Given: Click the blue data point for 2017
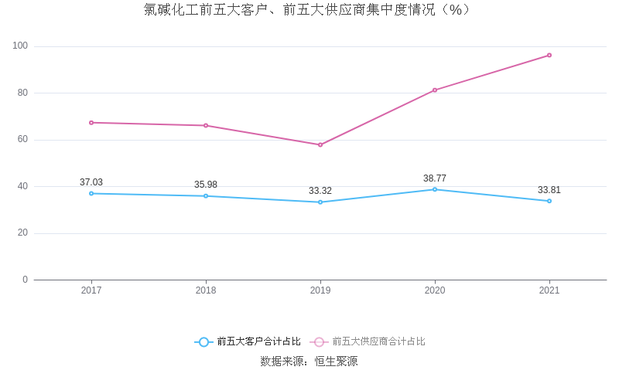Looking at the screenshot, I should (91, 193).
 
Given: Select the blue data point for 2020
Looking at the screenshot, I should (435, 189).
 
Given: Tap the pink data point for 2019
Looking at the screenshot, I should (320, 144).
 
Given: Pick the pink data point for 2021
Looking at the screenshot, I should (549, 55).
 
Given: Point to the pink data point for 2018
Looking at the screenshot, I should (206, 125).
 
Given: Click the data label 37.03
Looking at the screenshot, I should (91, 182).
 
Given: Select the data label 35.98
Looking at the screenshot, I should (206, 185).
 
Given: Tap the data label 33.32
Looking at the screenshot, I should (320, 191).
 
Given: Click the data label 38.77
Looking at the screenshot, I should (435, 178).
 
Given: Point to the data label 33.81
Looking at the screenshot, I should (549, 190).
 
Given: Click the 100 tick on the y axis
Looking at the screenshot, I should (20, 46).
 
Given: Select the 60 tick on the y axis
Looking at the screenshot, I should (22, 140).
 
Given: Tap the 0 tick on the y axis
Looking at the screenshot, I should (25, 280).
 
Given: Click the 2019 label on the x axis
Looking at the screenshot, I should (320, 291).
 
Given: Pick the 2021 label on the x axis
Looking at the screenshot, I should (549, 291).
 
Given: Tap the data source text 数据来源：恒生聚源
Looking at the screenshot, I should (309, 362).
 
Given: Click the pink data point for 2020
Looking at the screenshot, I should (435, 90).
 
